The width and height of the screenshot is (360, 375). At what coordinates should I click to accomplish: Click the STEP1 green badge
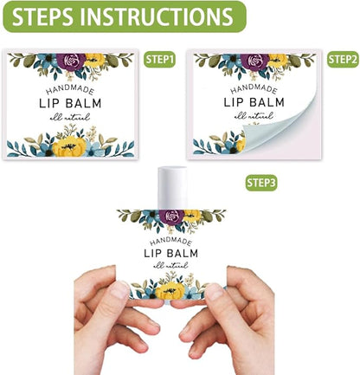click(159, 59)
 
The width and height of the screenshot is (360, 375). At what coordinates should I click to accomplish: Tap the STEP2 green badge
click(343, 59)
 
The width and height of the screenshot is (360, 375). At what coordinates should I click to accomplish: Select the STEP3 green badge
click(261, 183)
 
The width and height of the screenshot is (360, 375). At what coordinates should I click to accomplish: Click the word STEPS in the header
click(42, 16)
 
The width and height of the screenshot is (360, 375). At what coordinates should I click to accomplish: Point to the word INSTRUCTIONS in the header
click(157, 16)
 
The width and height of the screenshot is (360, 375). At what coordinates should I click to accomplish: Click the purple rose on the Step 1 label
click(71, 61)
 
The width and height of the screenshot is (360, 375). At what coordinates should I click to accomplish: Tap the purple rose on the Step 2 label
click(255, 61)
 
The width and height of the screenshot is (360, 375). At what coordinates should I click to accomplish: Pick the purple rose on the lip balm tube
click(171, 217)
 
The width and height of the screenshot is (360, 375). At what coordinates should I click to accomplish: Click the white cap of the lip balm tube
click(172, 187)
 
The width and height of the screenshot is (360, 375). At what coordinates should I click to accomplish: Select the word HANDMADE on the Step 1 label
click(70, 90)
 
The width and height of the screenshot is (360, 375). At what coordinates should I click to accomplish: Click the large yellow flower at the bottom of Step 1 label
click(69, 146)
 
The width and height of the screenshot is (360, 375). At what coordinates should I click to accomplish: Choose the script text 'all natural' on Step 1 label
click(70, 117)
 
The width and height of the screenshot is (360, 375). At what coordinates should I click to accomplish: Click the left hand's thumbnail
click(119, 289)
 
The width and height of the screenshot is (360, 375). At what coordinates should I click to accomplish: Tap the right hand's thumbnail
click(215, 292)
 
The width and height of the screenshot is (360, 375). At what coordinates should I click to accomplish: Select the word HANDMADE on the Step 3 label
click(170, 242)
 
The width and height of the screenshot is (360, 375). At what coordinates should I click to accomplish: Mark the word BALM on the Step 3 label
click(183, 253)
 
